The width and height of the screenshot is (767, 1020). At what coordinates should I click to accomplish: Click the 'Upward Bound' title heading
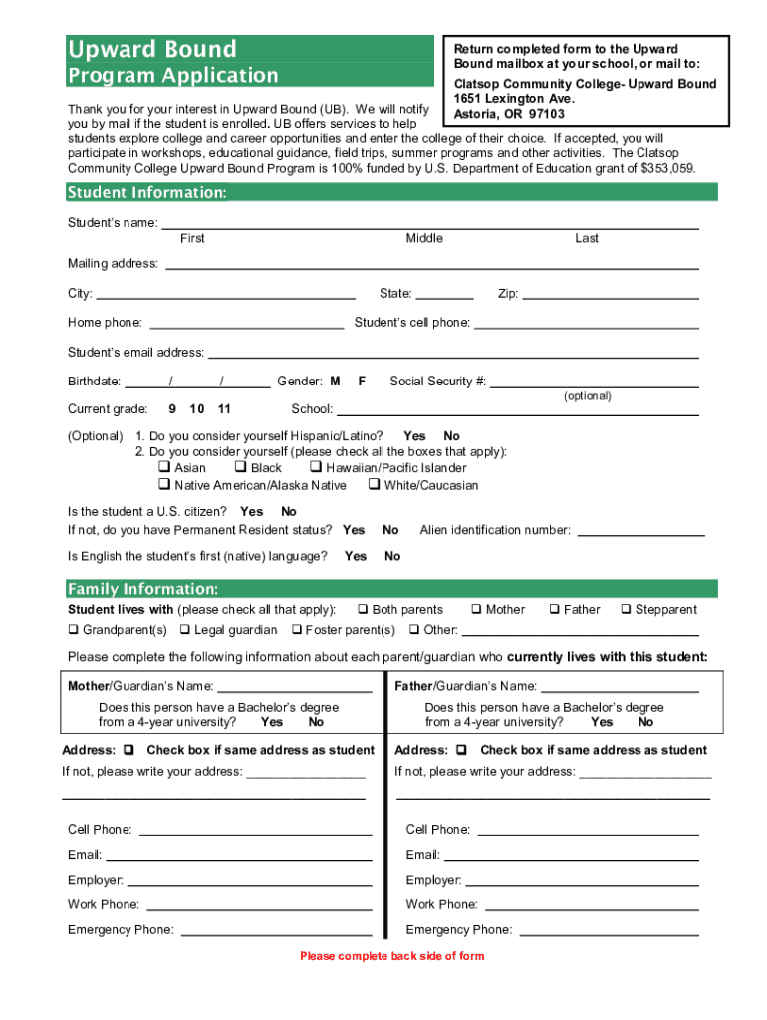[151, 49]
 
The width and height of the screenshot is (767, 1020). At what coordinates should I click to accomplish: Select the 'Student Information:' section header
[146, 192]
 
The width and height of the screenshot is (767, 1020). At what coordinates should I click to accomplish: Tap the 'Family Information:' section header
[142, 589]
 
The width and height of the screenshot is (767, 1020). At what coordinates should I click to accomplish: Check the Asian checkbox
[164, 467]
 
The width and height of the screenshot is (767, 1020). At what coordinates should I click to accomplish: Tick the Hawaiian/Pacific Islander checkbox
[315, 467]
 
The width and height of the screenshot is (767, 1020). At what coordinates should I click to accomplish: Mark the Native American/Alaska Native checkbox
[164, 485]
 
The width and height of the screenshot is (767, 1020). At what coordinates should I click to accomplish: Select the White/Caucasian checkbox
[374, 485]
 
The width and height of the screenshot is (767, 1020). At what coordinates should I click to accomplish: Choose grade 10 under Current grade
[197, 409]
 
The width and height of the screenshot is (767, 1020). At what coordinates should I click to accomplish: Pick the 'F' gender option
[362, 382]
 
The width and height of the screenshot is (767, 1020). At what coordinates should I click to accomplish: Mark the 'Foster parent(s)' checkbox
[297, 630]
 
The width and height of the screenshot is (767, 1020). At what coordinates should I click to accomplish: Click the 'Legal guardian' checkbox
[185, 630]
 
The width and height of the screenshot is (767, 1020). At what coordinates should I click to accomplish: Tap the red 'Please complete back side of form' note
[391, 956]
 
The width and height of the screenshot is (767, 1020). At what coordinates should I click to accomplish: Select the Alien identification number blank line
[641, 534]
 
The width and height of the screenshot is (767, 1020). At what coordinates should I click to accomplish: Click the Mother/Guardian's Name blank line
[294, 689]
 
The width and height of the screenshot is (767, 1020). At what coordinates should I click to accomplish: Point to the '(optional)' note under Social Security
[587, 396]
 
